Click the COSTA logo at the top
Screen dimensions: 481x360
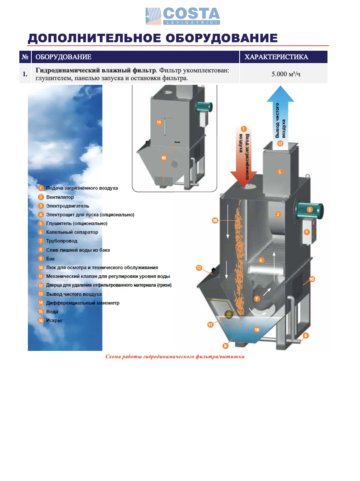[x=183, y=16]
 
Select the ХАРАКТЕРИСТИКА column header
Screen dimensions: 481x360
[x=276, y=57]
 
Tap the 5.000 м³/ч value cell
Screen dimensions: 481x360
[x=286, y=74]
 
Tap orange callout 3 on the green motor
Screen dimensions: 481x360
[x=309, y=210]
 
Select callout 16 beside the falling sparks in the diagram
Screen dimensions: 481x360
[x=215, y=220]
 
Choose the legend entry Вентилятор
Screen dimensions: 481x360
[x=60, y=197]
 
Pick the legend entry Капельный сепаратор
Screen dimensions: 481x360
[x=72, y=232]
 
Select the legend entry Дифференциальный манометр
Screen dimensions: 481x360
[x=82, y=303]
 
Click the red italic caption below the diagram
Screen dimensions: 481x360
[x=175, y=357]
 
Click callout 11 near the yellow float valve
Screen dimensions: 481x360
[x=210, y=325]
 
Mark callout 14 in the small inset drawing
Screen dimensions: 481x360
[x=159, y=122]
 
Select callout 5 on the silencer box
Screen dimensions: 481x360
[x=280, y=171]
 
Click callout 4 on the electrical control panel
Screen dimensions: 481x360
[x=307, y=232]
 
